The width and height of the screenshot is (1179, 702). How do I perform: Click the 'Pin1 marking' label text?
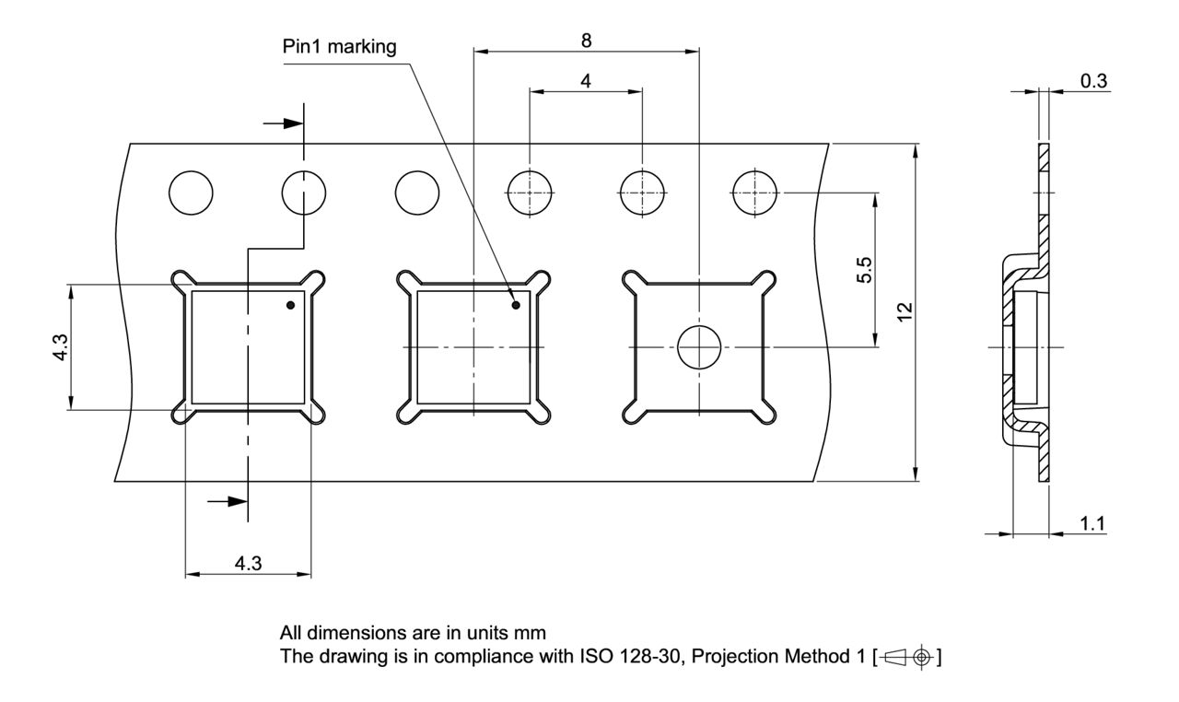[x=340, y=48]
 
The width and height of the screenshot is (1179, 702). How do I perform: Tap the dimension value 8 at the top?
[x=586, y=41]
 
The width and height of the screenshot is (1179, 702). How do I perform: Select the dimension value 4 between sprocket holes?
[x=586, y=80]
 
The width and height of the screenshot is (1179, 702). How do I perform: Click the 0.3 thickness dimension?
[x=1093, y=81]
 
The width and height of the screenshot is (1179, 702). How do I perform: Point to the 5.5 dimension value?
[x=865, y=272]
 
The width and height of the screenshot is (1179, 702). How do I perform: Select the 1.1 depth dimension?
[x=1093, y=523]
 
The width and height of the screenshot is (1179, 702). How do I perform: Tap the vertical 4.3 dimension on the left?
[x=60, y=346]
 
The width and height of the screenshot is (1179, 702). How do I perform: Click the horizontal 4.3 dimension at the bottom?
[x=248, y=564]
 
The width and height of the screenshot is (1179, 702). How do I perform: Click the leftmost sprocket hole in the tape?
[x=191, y=193]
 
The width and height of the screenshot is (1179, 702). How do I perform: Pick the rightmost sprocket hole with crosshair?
[x=754, y=193]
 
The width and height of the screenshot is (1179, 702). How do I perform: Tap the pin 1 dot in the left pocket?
[x=290, y=305]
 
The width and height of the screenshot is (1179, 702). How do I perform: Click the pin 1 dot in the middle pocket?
[x=516, y=305]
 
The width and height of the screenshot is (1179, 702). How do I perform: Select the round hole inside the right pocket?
[x=699, y=347]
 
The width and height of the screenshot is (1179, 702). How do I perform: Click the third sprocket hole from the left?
[x=416, y=193]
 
